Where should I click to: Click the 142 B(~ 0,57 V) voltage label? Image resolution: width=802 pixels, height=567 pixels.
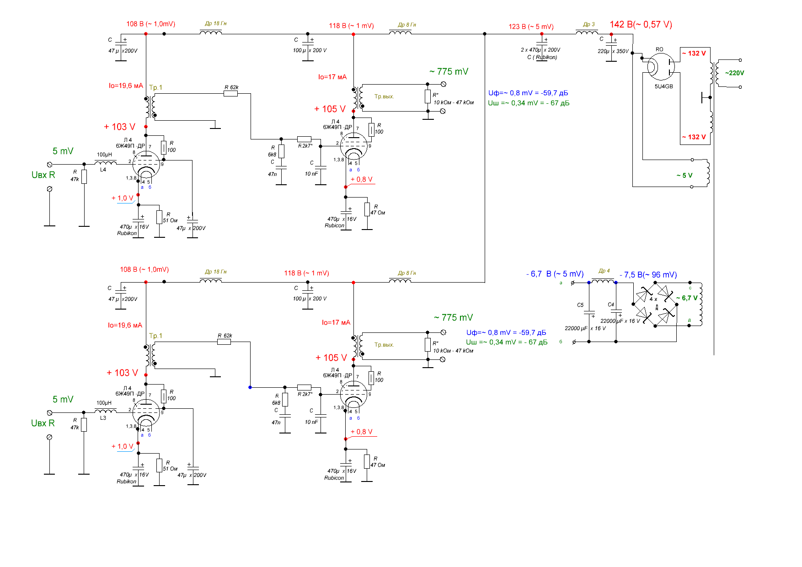pyautogui.click(x=641, y=25)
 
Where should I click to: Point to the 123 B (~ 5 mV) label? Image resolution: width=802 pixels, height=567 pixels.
pyautogui.click(x=531, y=27)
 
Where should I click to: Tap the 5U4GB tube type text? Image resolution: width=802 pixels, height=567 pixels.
pyautogui.click(x=663, y=86)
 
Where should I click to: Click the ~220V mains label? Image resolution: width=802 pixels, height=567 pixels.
pyautogui.click(x=734, y=73)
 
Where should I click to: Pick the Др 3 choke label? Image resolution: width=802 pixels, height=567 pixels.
pyautogui.click(x=589, y=25)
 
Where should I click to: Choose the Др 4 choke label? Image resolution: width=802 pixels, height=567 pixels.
pyautogui.click(x=604, y=271)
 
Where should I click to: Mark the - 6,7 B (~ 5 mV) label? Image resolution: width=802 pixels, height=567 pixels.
pyautogui.click(x=555, y=274)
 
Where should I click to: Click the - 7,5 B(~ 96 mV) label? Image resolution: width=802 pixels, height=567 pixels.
pyautogui.click(x=648, y=275)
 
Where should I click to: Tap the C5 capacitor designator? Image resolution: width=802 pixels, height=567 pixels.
pyautogui.click(x=580, y=305)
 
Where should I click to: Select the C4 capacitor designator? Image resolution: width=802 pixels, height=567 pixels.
pyautogui.click(x=611, y=305)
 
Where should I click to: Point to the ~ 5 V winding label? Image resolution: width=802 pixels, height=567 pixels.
pyautogui.click(x=684, y=176)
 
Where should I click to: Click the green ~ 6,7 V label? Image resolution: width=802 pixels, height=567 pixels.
pyautogui.click(x=687, y=298)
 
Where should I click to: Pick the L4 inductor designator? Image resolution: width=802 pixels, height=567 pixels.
pyautogui.click(x=103, y=170)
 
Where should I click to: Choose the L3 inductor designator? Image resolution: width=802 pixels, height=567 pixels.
pyautogui.click(x=103, y=418)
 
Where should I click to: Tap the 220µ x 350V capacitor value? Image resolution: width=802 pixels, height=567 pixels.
pyautogui.click(x=613, y=51)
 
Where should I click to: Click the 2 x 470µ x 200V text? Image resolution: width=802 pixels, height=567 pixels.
pyautogui.click(x=540, y=50)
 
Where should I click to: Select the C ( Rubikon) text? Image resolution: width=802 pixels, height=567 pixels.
pyautogui.click(x=542, y=57)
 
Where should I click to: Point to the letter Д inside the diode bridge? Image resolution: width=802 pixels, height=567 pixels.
pyautogui.click(x=657, y=307)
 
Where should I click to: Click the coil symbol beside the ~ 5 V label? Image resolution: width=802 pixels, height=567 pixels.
pyautogui.click(x=707, y=173)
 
